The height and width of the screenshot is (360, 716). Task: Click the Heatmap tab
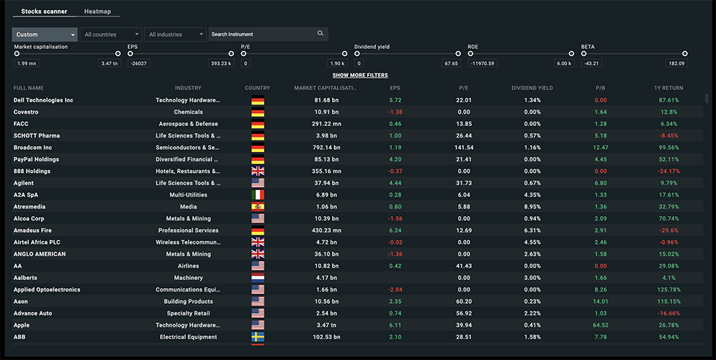pyautogui.click(x=97, y=12)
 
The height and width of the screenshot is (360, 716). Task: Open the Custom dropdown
pyautogui.click(x=45, y=35)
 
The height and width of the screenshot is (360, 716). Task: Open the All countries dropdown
pyautogui.click(x=111, y=35)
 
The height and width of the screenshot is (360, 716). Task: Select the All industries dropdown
pyautogui.click(x=175, y=35)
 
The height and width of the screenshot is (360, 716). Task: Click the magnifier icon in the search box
pyautogui.click(x=321, y=34)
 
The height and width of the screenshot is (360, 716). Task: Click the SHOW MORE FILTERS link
pyautogui.click(x=360, y=76)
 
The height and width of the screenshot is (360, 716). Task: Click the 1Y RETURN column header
pyautogui.click(x=668, y=88)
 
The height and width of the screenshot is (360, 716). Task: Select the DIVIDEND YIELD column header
pyautogui.click(x=532, y=88)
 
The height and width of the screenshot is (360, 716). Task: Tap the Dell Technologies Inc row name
pyautogui.click(x=43, y=100)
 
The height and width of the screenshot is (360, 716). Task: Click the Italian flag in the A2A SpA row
pyautogui.click(x=258, y=195)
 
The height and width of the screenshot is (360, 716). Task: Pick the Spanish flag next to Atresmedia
pyautogui.click(x=258, y=207)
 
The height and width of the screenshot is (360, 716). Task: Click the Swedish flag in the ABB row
pyautogui.click(x=258, y=337)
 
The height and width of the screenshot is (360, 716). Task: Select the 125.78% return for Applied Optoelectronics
pyautogui.click(x=668, y=289)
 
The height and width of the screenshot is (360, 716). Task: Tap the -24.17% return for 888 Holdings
pyautogui.click(x=668, y=171)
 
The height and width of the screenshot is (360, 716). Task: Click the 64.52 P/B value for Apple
pyautogui.click(x=600, y=325)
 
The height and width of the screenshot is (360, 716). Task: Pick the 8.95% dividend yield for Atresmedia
pyautogui.click(x=532, y=207)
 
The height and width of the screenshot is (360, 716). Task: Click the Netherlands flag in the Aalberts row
pyautogui.click(x=258, y=278)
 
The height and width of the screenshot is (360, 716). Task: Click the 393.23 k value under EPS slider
pyautogui.click(x=220, y=63)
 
